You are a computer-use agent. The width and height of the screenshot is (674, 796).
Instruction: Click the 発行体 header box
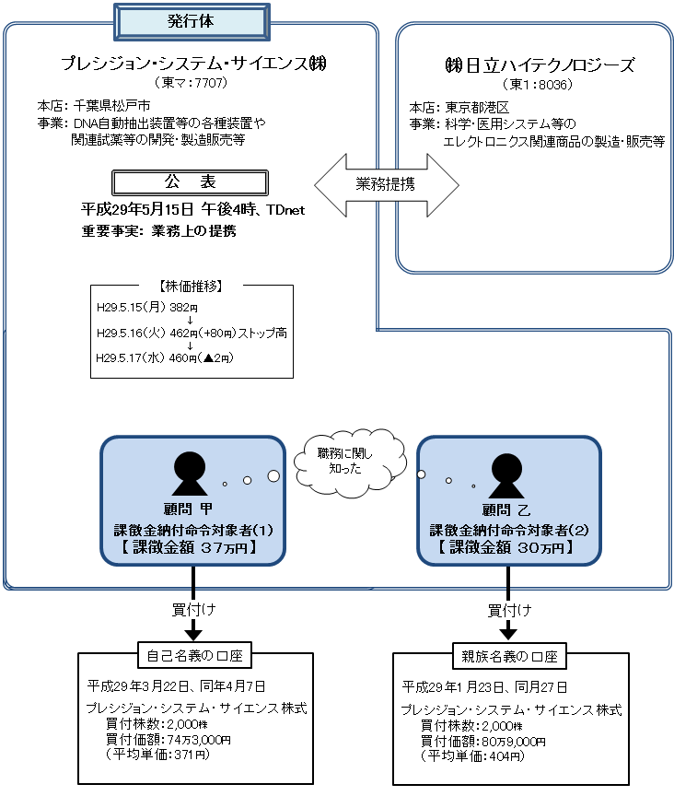(192, 21)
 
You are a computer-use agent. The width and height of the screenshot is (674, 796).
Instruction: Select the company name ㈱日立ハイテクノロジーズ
(539, 66)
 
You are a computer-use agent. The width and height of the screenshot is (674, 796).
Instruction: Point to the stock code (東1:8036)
(538, 85)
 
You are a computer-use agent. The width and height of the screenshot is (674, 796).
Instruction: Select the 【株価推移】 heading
(192, 287)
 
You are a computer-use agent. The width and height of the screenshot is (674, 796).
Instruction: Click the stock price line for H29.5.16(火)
(192, 332)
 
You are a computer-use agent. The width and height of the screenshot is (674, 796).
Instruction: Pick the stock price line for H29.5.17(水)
(166, 358)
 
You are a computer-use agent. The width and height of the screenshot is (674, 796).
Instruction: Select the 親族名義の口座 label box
(508, 656)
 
